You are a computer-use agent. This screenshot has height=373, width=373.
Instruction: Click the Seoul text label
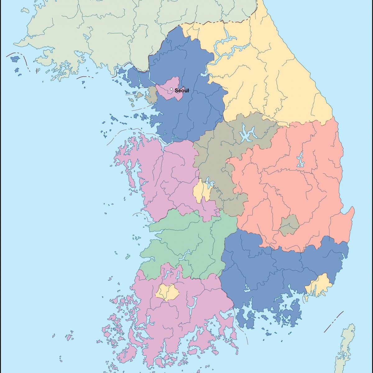[x=182, y=91]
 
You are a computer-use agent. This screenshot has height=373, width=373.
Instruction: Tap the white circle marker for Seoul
[x=171, y=89]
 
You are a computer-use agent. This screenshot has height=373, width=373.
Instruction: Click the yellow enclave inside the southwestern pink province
[x=168, y=292]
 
